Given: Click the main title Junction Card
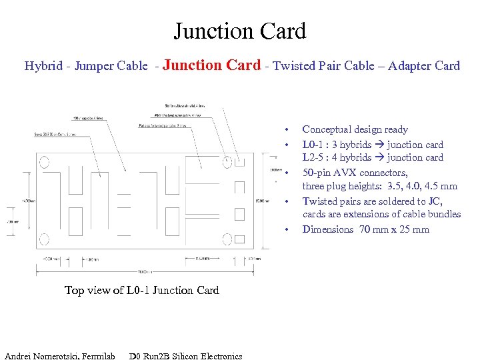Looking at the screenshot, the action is point(240,31).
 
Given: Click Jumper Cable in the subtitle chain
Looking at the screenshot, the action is point(111,66).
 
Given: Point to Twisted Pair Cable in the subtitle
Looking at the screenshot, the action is point(317,66).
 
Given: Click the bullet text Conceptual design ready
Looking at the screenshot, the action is point(355,129).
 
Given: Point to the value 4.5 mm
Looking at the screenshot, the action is point(440,186).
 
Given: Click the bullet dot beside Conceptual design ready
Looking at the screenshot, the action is point(286,129).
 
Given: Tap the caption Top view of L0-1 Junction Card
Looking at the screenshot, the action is point(141,290).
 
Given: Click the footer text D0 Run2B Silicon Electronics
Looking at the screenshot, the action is point(185,356).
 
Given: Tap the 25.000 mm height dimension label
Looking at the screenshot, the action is point(263,201).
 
